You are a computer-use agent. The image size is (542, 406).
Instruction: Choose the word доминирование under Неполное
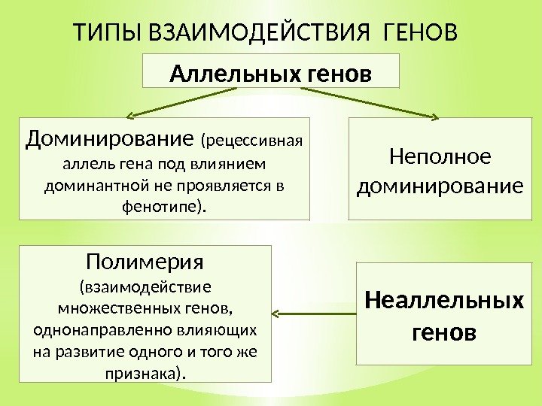tap(439, 184)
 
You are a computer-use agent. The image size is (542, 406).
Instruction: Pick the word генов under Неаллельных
tap(444, 331)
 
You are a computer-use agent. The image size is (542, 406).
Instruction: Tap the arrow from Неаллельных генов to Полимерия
tap(312, 311)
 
